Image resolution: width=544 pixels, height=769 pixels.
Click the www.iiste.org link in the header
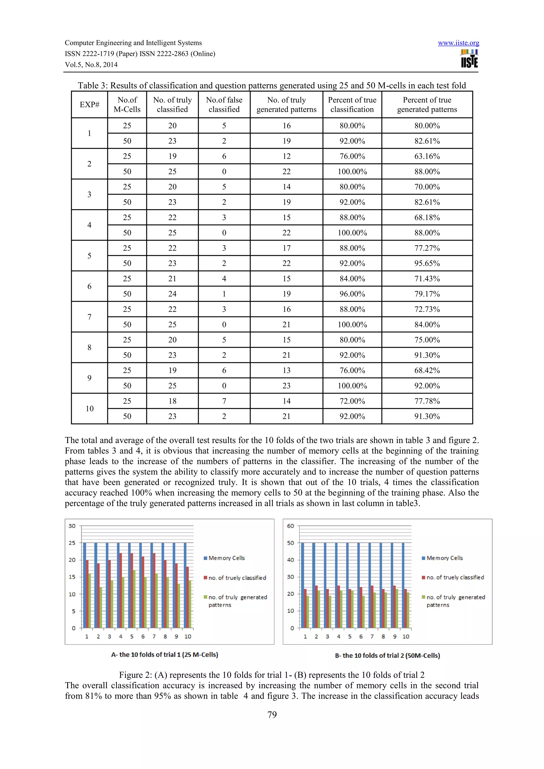point(458,43)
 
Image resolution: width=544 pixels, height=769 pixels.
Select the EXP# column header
point(90,105)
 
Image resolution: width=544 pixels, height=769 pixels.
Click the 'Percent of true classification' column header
point(352,105)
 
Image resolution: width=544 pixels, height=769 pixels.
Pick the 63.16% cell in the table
point(427,156)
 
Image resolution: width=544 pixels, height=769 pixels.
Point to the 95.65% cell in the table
point(427,263)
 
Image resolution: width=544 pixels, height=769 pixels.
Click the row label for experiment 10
point(90,409)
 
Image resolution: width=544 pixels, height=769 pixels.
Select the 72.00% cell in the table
point(352,401)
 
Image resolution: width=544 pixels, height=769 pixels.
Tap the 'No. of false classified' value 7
point(224,401)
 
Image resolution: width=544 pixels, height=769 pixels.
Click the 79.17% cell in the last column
point(427,294)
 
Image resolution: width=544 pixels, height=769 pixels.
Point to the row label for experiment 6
point(90,286)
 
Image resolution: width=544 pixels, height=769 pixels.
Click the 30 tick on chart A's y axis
point(72,526)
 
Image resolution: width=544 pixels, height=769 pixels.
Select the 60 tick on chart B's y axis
point(290,526)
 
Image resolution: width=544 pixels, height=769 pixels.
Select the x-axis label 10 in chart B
point(406,636)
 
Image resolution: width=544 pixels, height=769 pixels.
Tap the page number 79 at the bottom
point(272,715)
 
